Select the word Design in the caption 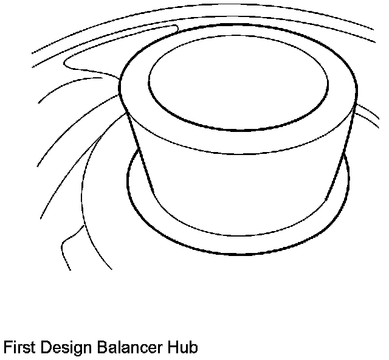[x=61, y=348]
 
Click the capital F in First [x=7, y=348]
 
